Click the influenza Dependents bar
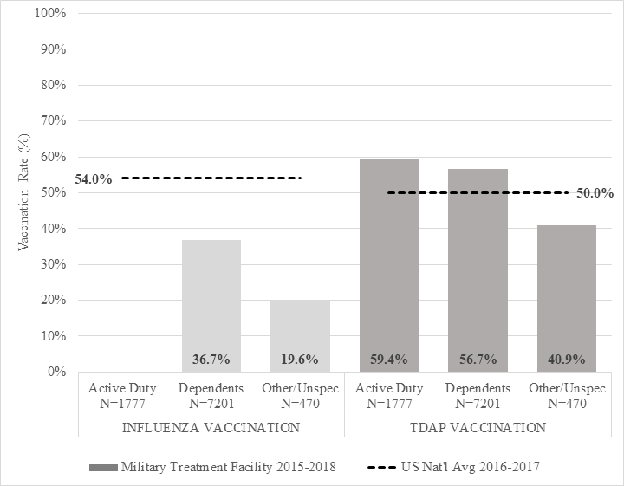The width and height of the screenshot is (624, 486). (211, 295)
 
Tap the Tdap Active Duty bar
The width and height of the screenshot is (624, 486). (389, 260)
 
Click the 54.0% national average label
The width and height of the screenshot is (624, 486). (94, 179)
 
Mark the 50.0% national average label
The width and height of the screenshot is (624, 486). (595, 193)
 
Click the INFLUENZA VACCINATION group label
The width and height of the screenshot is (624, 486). (211, 427)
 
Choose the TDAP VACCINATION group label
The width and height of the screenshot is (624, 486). (478, 427)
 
